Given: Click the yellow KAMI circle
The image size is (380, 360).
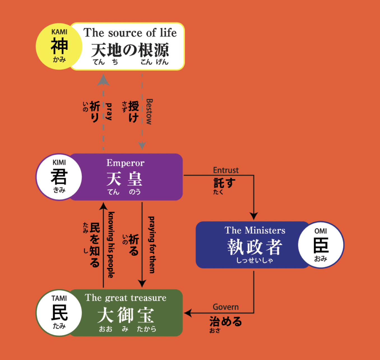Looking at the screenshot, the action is point(59,46).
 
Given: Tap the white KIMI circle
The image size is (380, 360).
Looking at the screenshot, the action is point(59,177).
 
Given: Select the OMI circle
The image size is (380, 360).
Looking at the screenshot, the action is point(321,245).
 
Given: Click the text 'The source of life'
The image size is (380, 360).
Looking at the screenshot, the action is point(130,32).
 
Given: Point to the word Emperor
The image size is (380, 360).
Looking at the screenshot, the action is point(126,163).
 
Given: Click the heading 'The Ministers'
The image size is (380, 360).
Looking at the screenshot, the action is point(255,230).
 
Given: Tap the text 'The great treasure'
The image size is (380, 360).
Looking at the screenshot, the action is point(126,298).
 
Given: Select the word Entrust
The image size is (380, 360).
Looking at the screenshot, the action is point(226,170).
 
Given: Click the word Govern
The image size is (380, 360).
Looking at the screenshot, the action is point(226,307).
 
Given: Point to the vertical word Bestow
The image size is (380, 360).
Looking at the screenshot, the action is point(149,112).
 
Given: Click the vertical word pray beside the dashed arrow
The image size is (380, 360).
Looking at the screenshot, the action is point(109,111).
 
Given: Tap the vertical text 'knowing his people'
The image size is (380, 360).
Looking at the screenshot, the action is point(111,245).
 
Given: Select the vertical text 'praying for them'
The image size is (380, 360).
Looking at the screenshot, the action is point(152,245).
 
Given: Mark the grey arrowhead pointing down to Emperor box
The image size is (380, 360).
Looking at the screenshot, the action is point(142,146).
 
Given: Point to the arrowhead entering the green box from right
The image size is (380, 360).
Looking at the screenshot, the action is point(188,313).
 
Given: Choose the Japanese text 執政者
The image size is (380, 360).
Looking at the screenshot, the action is point(255,247).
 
